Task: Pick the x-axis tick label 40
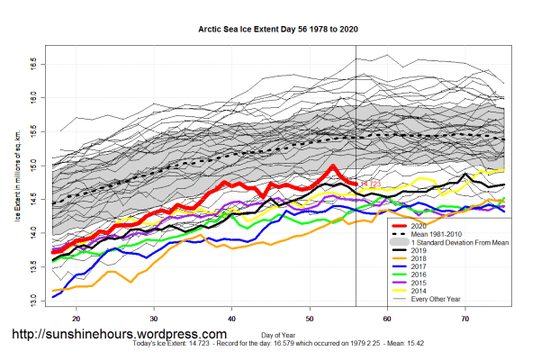[x=232, y=319]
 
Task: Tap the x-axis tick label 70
[x=465, y=319]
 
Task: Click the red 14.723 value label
[x=370, y=184]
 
